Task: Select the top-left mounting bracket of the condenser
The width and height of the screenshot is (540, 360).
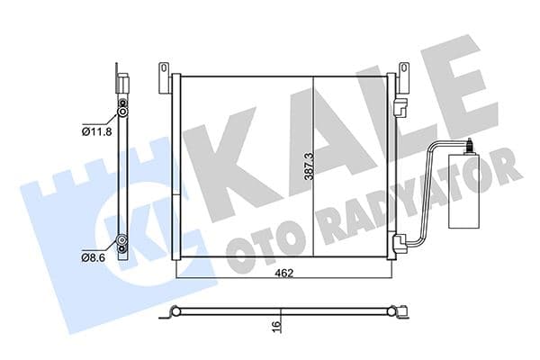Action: click(164, 76)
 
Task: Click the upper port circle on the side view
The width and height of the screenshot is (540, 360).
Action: click(121, 115)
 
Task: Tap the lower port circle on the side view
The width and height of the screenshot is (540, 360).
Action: click(121, 241)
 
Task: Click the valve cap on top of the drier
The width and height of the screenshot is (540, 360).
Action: click(469, 142)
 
